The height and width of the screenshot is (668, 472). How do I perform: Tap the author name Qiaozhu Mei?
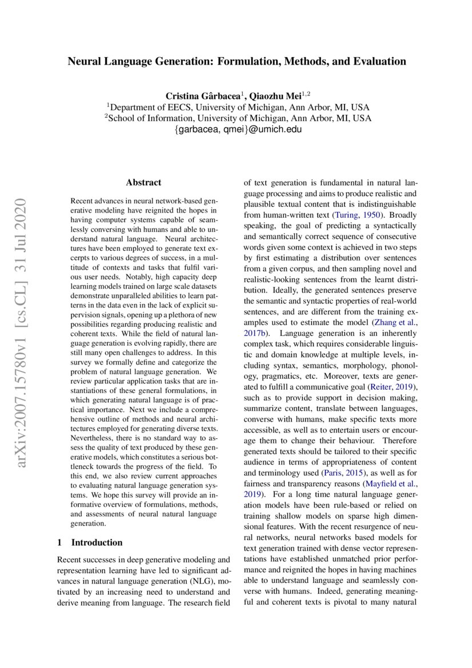coord(277,95)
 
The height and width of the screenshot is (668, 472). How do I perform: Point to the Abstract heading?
coord(143,183)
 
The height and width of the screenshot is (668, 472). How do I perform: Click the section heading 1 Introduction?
coord(90,542)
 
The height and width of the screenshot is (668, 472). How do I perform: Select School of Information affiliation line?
coord(238,118)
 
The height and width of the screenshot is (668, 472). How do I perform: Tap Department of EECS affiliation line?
coord(238,107)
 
